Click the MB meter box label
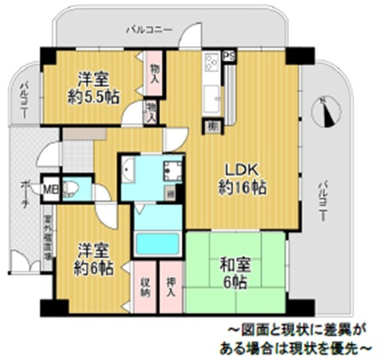(52, 187)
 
